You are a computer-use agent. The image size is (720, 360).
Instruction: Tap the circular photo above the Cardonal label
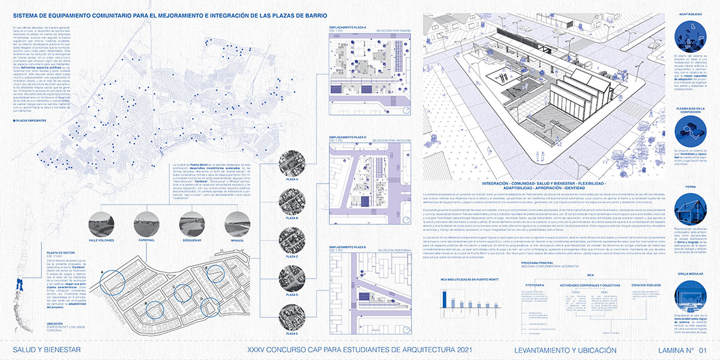[148, 224]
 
